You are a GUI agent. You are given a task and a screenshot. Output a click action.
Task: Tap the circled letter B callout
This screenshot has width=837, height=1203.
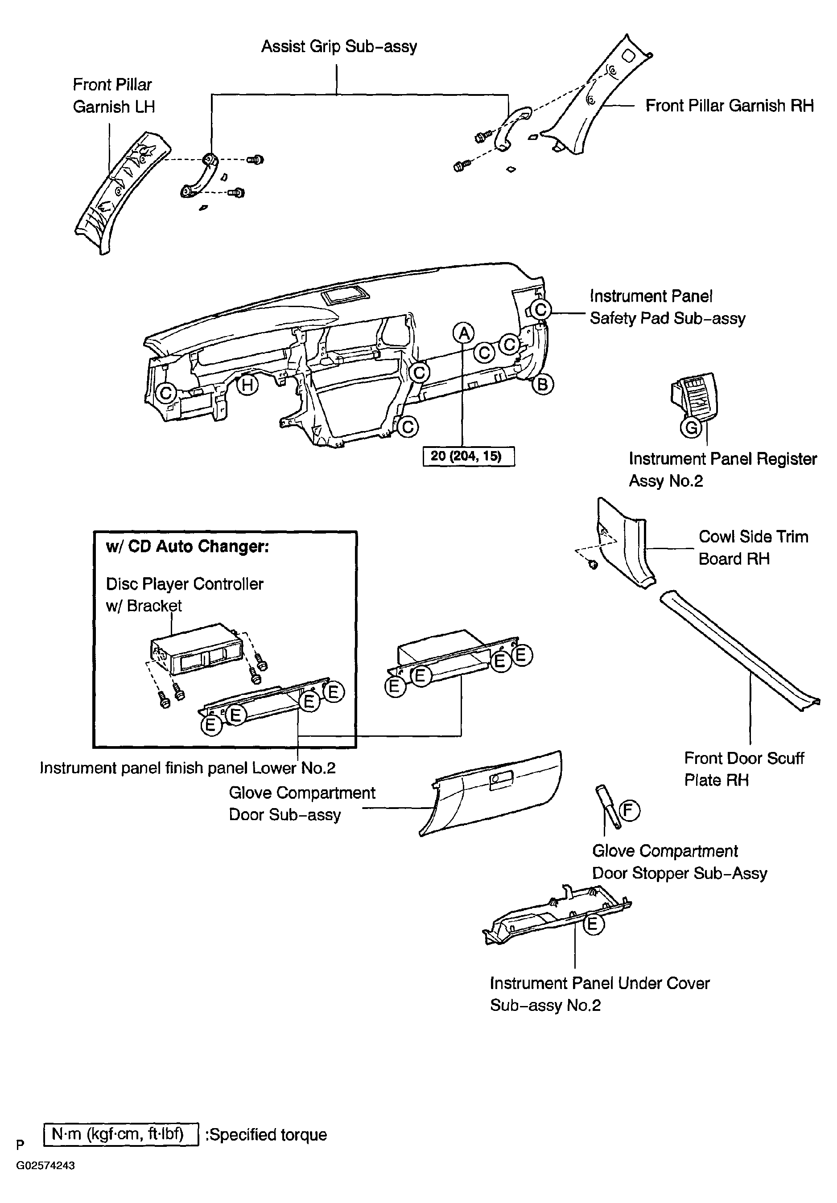[x=542, y=385]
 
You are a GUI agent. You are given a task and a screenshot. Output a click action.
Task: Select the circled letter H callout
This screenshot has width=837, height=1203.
[x=247, y=385]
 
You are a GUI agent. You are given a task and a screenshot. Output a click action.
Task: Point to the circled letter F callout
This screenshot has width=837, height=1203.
[x=630, y=811]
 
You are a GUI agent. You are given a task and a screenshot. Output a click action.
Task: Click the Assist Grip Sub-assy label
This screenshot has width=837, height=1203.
[x=338, y=47]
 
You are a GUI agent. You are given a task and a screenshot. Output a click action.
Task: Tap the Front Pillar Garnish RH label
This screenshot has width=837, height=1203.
[x=729, y=106]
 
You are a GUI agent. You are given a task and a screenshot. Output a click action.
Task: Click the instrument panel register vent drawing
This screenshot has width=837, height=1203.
[x=694, y=398]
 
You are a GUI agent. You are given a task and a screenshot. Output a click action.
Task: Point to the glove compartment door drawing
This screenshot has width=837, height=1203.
[x=493, y=791]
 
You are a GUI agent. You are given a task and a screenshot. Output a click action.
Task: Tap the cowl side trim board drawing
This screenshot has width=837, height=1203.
[x=624, y=545]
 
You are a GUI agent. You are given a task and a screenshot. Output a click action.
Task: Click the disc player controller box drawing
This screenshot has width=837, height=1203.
[x=197, y=650]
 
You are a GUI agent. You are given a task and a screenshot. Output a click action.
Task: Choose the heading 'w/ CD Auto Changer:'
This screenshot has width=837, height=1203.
[x=188, y=546]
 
